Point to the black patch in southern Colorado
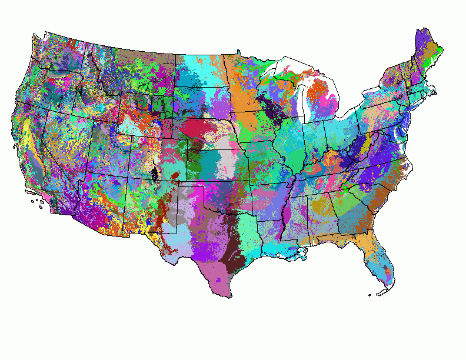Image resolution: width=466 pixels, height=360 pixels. click(154, 174)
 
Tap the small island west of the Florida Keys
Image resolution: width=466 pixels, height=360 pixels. click(369, 295)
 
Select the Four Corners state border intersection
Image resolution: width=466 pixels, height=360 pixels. click(126, 178)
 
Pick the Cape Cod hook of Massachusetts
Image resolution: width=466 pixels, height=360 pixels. click(434, 90)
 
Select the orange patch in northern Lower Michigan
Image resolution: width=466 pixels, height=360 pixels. click(320, 88)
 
